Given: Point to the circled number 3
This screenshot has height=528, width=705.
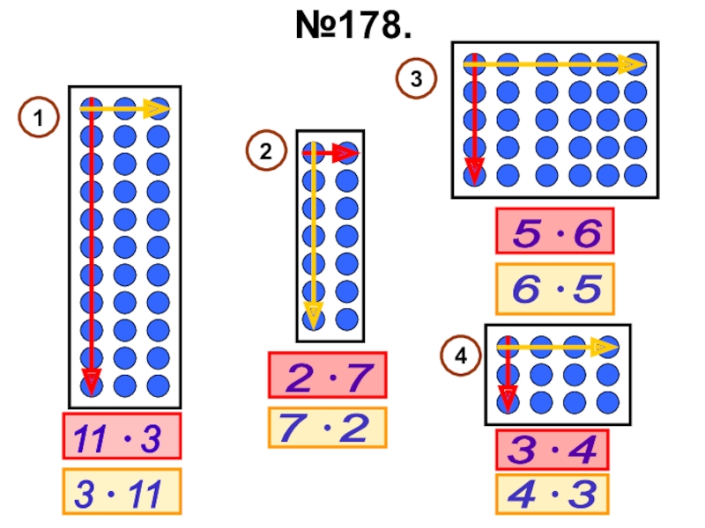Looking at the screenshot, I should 417,79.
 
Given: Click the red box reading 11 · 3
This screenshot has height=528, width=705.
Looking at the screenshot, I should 122,436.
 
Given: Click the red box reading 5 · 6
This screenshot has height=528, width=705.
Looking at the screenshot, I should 554,231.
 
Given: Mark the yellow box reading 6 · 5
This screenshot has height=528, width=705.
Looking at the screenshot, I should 554,288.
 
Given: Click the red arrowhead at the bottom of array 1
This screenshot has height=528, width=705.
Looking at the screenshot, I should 90,381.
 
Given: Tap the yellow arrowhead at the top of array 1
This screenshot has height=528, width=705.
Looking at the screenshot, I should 157,109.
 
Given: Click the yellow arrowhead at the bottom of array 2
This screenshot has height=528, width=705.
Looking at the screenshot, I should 313,316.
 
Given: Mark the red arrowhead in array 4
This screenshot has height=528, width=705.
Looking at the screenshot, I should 507,397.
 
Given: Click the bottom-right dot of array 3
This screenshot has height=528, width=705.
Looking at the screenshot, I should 635,175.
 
